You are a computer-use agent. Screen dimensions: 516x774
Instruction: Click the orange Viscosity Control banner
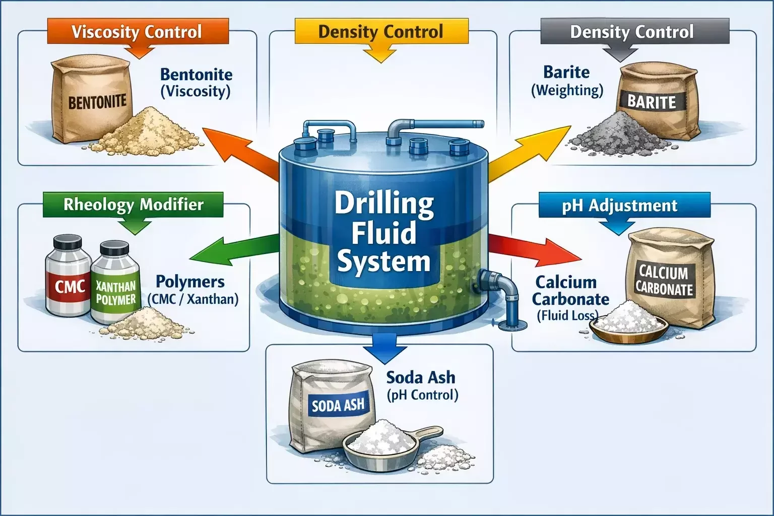(137, 32)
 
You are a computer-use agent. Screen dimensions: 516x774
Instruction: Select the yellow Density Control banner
(381, 32)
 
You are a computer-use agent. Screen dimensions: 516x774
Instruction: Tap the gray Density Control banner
(632, 32)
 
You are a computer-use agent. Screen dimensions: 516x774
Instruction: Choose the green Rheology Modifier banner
(134, 205)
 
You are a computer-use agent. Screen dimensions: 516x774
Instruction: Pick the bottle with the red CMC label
(69, 282)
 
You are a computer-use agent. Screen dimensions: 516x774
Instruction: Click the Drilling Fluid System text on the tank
(383, 233)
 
